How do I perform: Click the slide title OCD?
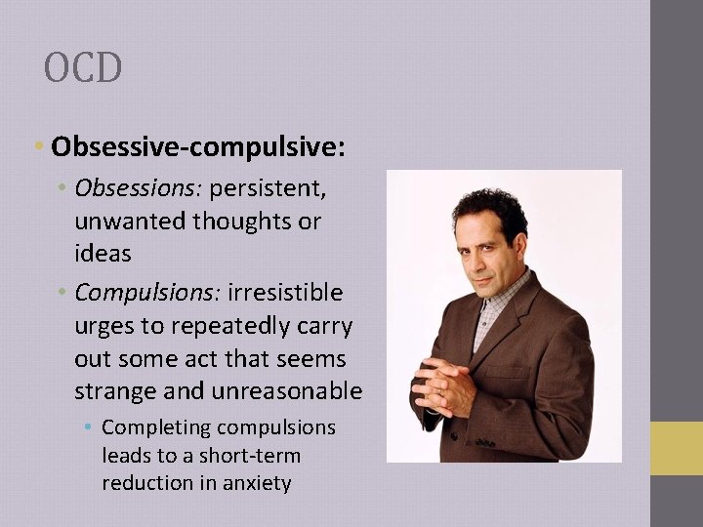83,68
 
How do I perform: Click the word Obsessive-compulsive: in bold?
197,147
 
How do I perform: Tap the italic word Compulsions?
148,292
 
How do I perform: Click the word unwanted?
131,222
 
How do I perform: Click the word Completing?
156,427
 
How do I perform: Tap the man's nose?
484,256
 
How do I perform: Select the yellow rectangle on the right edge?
677,448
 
